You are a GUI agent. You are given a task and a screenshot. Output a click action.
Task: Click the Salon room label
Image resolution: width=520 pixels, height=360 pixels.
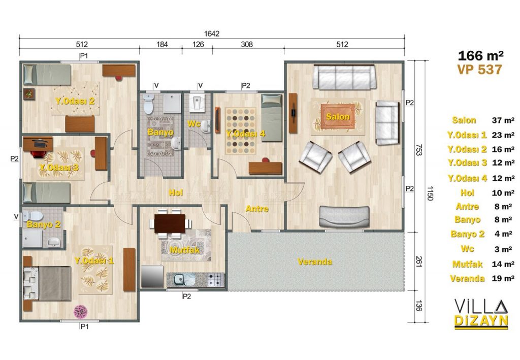pyautogui.click(x=338, y=117)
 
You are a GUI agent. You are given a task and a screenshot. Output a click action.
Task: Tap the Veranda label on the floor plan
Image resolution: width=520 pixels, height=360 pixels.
pyautogui.click(x=315, y=261)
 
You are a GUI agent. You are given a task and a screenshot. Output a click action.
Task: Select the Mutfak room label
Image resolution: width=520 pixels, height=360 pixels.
pyautogui.click(x=185, y=250)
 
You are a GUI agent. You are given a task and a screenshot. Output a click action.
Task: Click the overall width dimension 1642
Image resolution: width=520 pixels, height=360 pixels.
pyautogui.click(x=212, y=34)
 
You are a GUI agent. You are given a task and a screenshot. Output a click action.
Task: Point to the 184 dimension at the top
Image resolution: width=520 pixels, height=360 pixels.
pyautogui.click(x=162, y=44)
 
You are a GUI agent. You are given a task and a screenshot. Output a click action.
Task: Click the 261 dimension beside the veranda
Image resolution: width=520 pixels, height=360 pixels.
pyautogui.click(x=419, y=261)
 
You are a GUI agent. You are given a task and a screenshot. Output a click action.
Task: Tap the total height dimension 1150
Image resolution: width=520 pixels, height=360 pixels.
pyautogui.click(x=430, y=193)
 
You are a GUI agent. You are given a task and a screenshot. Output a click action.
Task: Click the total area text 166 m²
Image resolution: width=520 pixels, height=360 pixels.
pyautogui.click(x=480, y=55)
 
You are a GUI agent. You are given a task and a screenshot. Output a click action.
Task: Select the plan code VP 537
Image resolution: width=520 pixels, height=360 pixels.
pyautogui.click(x=479, y=70)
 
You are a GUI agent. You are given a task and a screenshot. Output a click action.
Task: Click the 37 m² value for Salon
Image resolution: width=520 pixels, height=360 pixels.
pyautogui.click(x=503, y=120)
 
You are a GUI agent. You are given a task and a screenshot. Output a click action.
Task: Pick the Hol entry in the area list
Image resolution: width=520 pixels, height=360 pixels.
pyautogui.click(x=467, y=192)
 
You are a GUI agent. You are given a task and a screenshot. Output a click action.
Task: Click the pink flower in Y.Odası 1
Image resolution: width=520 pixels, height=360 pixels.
pyautogui.click(x=81, y=312)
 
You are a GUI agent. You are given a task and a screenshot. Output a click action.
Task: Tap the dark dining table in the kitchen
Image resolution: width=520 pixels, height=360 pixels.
pyautogui.click(x=170, y=223)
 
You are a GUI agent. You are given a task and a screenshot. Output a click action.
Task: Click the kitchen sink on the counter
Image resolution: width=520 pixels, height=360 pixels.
pyautogui.click(x=179, y=280)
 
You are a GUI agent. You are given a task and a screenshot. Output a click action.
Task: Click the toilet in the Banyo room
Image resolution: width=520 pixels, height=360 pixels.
pyautogui.click(x=148, y=103)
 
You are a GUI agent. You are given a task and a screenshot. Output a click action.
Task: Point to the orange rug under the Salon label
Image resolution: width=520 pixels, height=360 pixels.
pyautogui.click(x=338, y=116)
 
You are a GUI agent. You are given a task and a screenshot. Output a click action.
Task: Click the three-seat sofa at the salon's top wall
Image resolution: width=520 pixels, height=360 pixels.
pyautogui.click(x=344, y=77)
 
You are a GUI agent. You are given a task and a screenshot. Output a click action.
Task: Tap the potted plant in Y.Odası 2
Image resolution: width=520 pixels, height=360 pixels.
pyautogui.click(x=29, y=94)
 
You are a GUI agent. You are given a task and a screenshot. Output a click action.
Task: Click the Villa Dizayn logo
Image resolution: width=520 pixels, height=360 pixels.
pyautogui.click(x=481, y=313)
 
